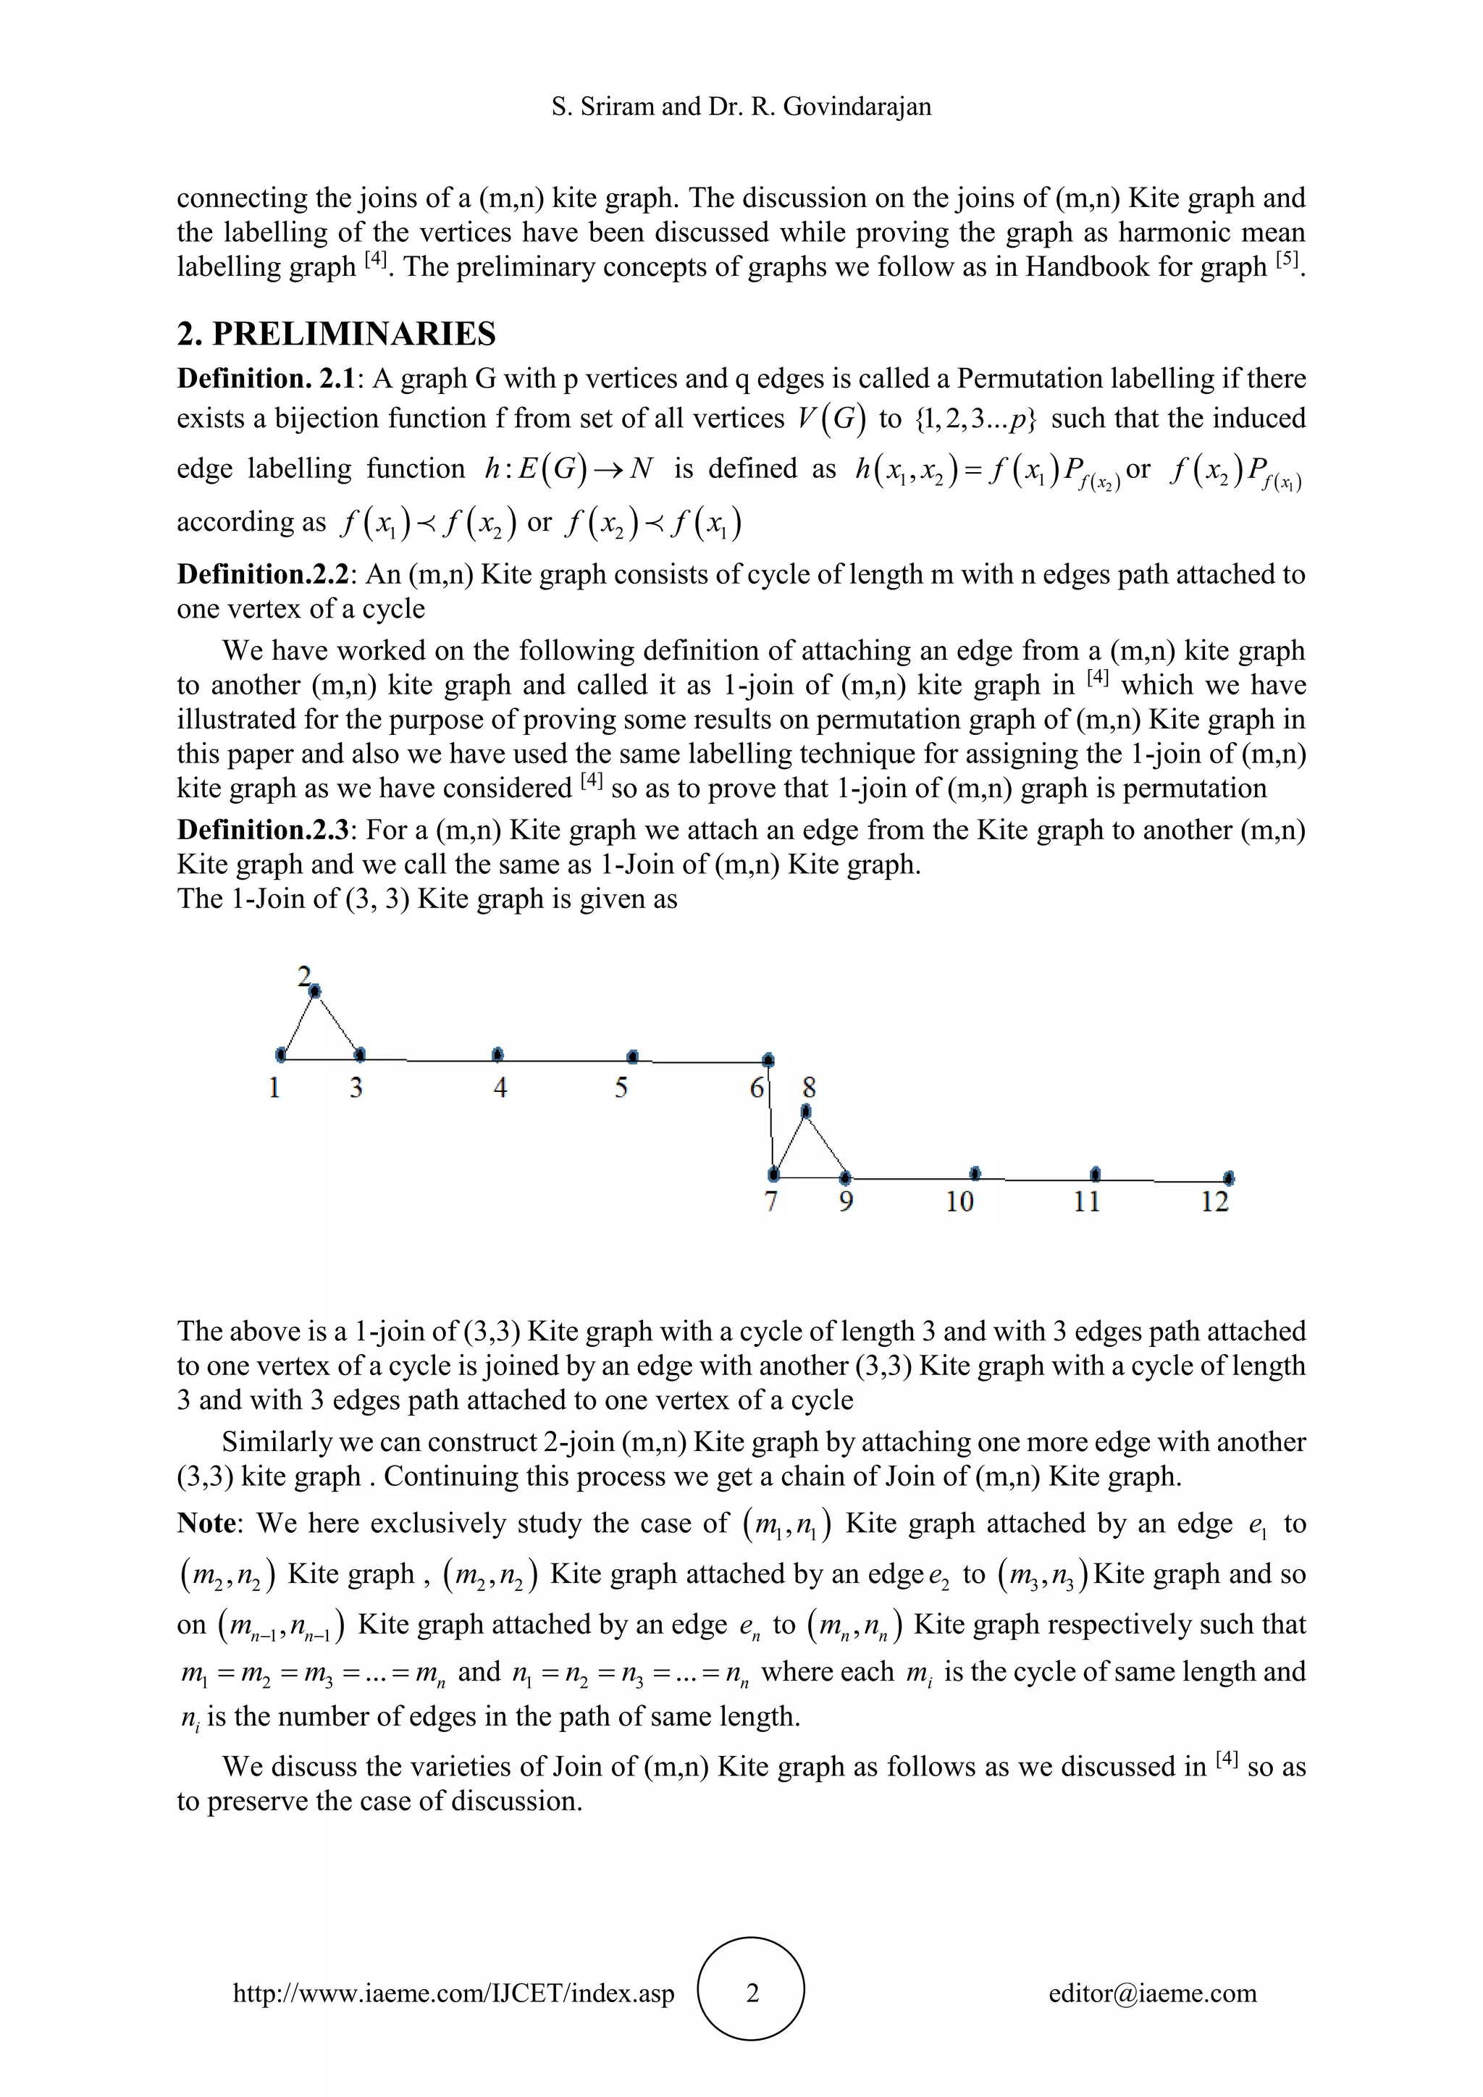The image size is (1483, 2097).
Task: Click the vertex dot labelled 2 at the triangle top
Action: point(315,990)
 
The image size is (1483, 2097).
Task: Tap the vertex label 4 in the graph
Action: point(500,1088)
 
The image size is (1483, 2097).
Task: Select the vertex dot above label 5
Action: point(633,1056)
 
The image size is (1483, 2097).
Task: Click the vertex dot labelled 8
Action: point(805,1111)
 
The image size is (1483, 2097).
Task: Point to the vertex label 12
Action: point(1214,1202)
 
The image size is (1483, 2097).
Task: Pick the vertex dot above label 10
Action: point(975,1173)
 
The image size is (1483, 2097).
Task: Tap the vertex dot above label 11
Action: point(1096,1174)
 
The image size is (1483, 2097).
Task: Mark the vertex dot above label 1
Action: point(280,1055)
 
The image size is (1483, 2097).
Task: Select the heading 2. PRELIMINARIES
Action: point(336,335)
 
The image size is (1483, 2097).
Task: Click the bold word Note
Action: point(206,1524)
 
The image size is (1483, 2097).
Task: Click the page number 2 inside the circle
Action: point(752,1992)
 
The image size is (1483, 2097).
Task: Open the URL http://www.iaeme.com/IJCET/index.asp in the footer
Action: point(454,1993)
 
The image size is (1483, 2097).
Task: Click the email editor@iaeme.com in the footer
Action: point(1152,1993)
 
